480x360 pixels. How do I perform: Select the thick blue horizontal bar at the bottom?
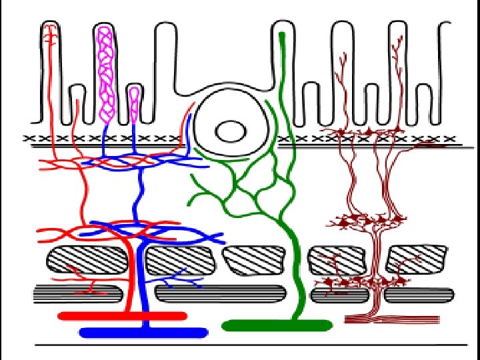click(143, 331)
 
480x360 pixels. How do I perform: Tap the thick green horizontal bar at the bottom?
click(277, 325)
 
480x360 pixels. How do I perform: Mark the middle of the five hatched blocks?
click(261, 259)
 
